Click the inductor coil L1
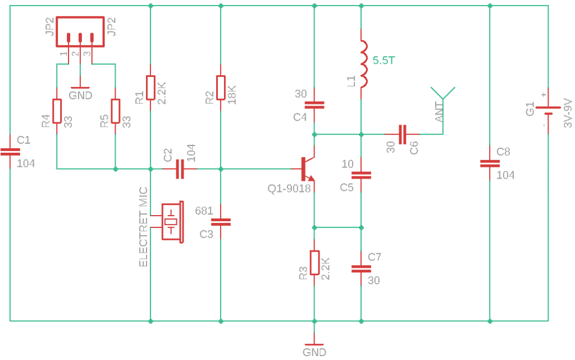[x=364, y=64]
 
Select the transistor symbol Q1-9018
[x=305, y=168]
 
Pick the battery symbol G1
[x=548, y=110]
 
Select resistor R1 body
[x=150, y=88]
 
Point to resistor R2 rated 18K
[x=220, y=88]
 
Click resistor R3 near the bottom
[x=314, y=262]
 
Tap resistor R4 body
[x=57, y=111]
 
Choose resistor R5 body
[x=116, y=111]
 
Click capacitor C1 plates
[x=10, y=152]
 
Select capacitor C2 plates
[x=180, y=168]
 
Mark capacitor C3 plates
[x=220, y=222]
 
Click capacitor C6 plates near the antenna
[x=402, y=134]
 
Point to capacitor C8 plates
[x=490, y=163]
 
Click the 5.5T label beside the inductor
[x=384, y=61]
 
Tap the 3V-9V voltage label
[x=567, y=113]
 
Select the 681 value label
[x=204, y=211]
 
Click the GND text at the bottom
[x=314, y=352]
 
